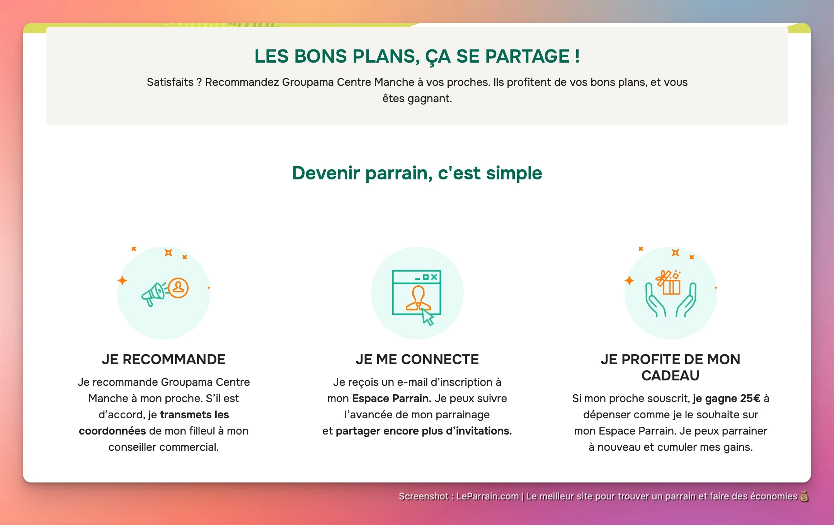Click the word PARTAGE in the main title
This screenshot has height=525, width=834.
(527, 56)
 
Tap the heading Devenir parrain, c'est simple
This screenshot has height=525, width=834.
(417, 173)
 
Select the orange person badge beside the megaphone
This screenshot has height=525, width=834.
(178, 288)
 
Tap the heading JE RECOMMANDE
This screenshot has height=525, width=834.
(163, 359)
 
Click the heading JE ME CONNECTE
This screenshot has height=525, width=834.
(417, 359)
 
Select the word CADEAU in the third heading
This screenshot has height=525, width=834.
(670, 375)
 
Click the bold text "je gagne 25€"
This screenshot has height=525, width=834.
(726, 398)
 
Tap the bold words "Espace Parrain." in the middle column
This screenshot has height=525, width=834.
(391, 398)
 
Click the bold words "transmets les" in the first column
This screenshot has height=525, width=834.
(194, 414)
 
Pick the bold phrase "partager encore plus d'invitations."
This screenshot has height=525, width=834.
(424, 431)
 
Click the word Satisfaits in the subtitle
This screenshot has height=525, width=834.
(170, 82)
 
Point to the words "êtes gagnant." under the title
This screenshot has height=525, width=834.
(417, 98)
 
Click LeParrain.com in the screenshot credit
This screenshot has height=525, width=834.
(487, 496)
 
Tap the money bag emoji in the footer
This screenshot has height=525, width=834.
(804, 496)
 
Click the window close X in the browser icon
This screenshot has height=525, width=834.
(434, 277)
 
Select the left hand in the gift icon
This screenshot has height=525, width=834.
(654, 301)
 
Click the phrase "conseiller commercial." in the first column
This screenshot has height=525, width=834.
(163, 447)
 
